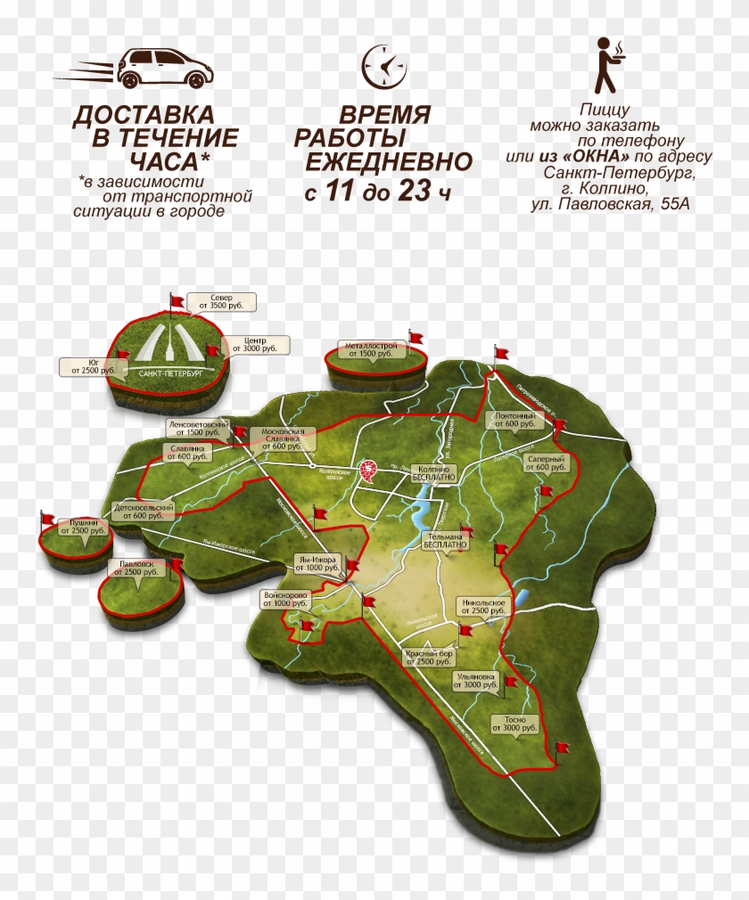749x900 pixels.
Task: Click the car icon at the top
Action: (x=161, y=68)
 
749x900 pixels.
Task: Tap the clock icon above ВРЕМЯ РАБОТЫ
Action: (x=383, y=66)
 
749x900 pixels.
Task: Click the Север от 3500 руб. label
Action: (x=222, y=301)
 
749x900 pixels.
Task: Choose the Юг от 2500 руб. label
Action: (x=88, y=366)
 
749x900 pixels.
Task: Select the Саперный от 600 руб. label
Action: (x=546, y=462)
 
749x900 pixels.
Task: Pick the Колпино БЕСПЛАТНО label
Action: (x=434, y=473)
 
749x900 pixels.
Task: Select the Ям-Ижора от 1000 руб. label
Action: (x=317, y=563)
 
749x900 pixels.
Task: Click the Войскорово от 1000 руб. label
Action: (x=285, y=599)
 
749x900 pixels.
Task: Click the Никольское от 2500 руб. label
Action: (x=483, y=607)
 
